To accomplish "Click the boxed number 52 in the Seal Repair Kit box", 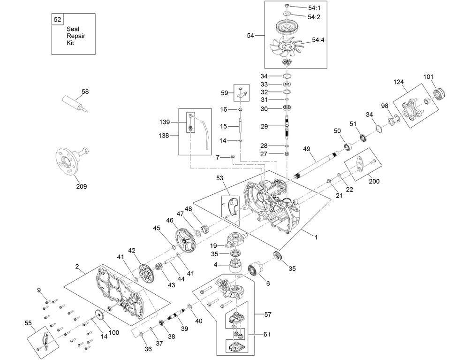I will pos(57,20).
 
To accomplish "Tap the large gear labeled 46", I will pos(186,240).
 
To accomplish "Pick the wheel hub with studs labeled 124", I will pos(409,107).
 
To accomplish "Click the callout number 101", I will pos(429,77).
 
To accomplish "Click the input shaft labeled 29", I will pos(287,128).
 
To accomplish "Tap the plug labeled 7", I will pos(232,158).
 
